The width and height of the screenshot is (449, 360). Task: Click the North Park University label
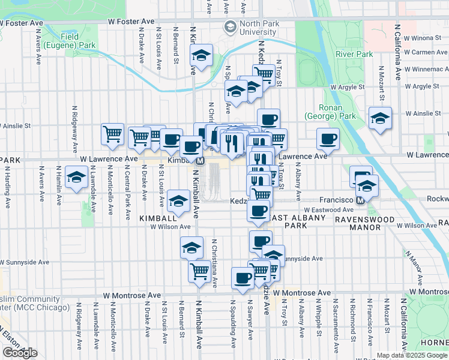click(250, 28)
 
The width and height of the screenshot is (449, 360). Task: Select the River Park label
click(354, 54)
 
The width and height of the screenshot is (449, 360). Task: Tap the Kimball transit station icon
click(200, 161)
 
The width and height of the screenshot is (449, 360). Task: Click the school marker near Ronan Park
click(381, 118)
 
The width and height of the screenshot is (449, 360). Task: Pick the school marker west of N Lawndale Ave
click(76, 178)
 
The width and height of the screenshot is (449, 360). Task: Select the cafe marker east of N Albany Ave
click(328, 139)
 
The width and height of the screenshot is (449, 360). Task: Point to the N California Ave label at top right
click(397, 53)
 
